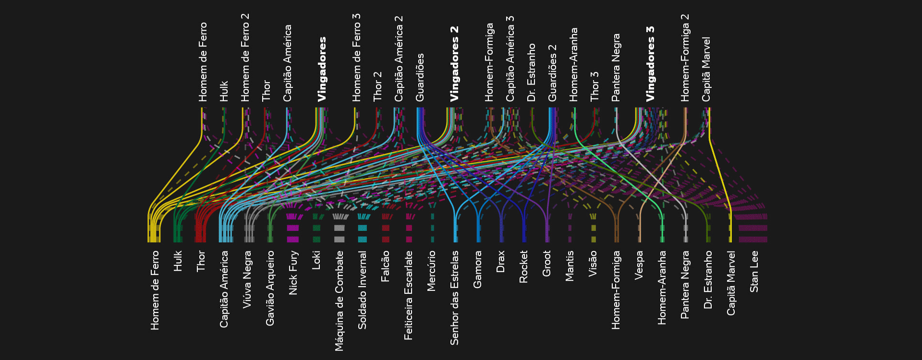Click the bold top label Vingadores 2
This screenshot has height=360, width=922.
click(x=454, y=64)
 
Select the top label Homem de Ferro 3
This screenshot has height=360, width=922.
click(x=356, y=58)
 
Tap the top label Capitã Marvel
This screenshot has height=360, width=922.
click(x=706, y=70)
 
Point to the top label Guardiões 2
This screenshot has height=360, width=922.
click(x=552, y=73)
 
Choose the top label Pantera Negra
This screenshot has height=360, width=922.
click(x=616, y=68)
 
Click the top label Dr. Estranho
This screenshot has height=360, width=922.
click(x=531, y=73)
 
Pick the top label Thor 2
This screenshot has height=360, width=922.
click(x=377, y=86)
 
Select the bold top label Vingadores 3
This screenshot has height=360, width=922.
click(x=650, y=64)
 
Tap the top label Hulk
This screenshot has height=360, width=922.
click(x=224, y=91)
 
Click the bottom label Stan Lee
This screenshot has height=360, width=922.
click(x=754, y=271)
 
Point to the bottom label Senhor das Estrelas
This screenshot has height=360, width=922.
click(x=454, y=298)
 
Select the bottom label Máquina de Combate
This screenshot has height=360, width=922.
click(x=339, y=300)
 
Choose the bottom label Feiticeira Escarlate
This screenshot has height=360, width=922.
click(x=408, y=295)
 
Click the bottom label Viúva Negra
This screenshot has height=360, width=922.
click(x=247, y=279)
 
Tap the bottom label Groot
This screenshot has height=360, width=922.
click(x=546, y=264)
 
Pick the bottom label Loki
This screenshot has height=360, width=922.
click(x=316, y=260)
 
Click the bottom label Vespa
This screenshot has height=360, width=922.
click(x=639, y=265)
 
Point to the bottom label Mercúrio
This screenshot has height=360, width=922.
click(x=431, y=271)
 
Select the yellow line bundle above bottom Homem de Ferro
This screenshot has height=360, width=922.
click(x=154, y=228)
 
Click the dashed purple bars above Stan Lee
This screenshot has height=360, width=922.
click(x=753, y=228)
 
